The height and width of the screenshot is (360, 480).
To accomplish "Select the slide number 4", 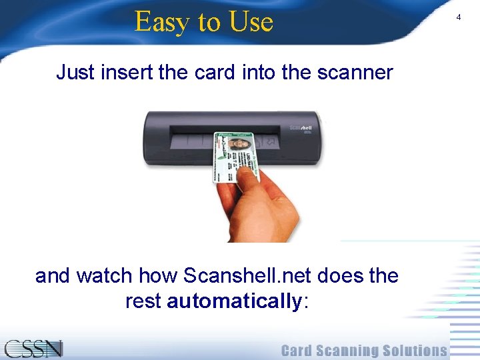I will (458, 17).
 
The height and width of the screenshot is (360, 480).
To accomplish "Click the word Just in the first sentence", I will (75, 72).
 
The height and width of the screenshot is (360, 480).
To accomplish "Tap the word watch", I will (107, 275).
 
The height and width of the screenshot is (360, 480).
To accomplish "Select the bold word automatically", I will (235, 301).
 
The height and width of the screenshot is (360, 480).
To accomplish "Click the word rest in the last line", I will (143, 301).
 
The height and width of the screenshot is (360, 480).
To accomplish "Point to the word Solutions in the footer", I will (419, 351).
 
